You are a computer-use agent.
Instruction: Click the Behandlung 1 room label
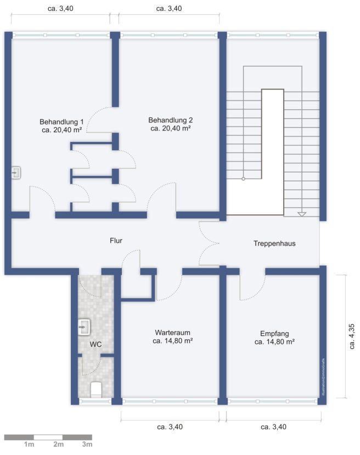tap(61, 121)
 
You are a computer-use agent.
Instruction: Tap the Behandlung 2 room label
tap(170, 120)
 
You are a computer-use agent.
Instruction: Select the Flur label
tap(116, 240)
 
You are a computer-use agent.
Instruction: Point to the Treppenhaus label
tap(274, 243)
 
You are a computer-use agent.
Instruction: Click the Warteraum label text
tap(172, 332)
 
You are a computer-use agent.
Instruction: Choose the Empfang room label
tap(274, 332)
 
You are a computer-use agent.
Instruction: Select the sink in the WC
tap(84, 327)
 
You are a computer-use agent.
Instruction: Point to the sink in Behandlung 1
tap(16, 173)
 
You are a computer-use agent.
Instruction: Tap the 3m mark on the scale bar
tap(87, 445)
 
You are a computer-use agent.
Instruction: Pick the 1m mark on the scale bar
tap(29, 445)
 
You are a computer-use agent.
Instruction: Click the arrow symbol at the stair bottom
tap(301, 213)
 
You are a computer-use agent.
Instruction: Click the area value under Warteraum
tap(172, 341)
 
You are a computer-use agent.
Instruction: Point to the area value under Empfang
tap(274, 341)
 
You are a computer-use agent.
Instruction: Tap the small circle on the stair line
tap(243, 178)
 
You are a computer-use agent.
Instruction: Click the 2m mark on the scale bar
tap(59, 445)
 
